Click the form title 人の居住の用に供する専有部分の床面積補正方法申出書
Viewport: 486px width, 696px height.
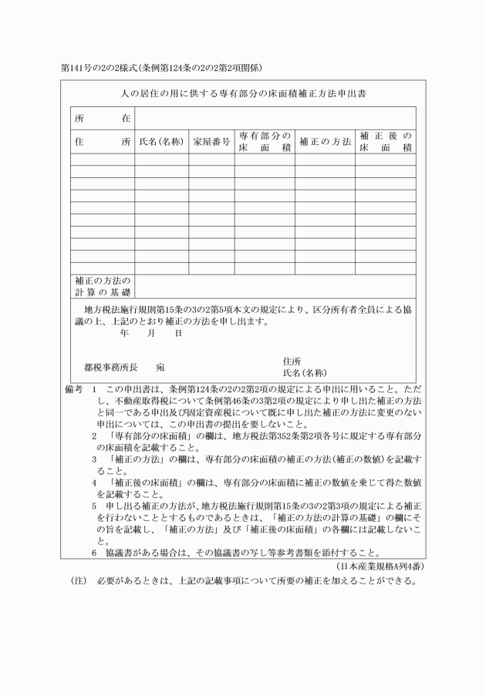(242, 93)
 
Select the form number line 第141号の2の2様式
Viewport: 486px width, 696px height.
(163, 67)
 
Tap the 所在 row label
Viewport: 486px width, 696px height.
(103, 119)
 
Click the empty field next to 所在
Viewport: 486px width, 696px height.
(275, 119)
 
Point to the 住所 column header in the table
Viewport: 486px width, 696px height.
(103, 142)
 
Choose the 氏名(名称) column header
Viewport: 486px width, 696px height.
(161, 142)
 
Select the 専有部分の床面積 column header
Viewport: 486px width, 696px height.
(264, 142)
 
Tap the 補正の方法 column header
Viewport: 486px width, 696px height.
(324, 142)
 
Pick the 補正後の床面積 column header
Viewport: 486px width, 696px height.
(385, 142)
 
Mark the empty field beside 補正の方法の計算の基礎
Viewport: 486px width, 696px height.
(275, 286)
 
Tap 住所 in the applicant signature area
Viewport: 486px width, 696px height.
(292, 360)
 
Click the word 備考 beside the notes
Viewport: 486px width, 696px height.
(74, 389)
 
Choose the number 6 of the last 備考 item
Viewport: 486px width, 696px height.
(94, 552)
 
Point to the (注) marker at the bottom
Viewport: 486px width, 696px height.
(79, 580)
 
